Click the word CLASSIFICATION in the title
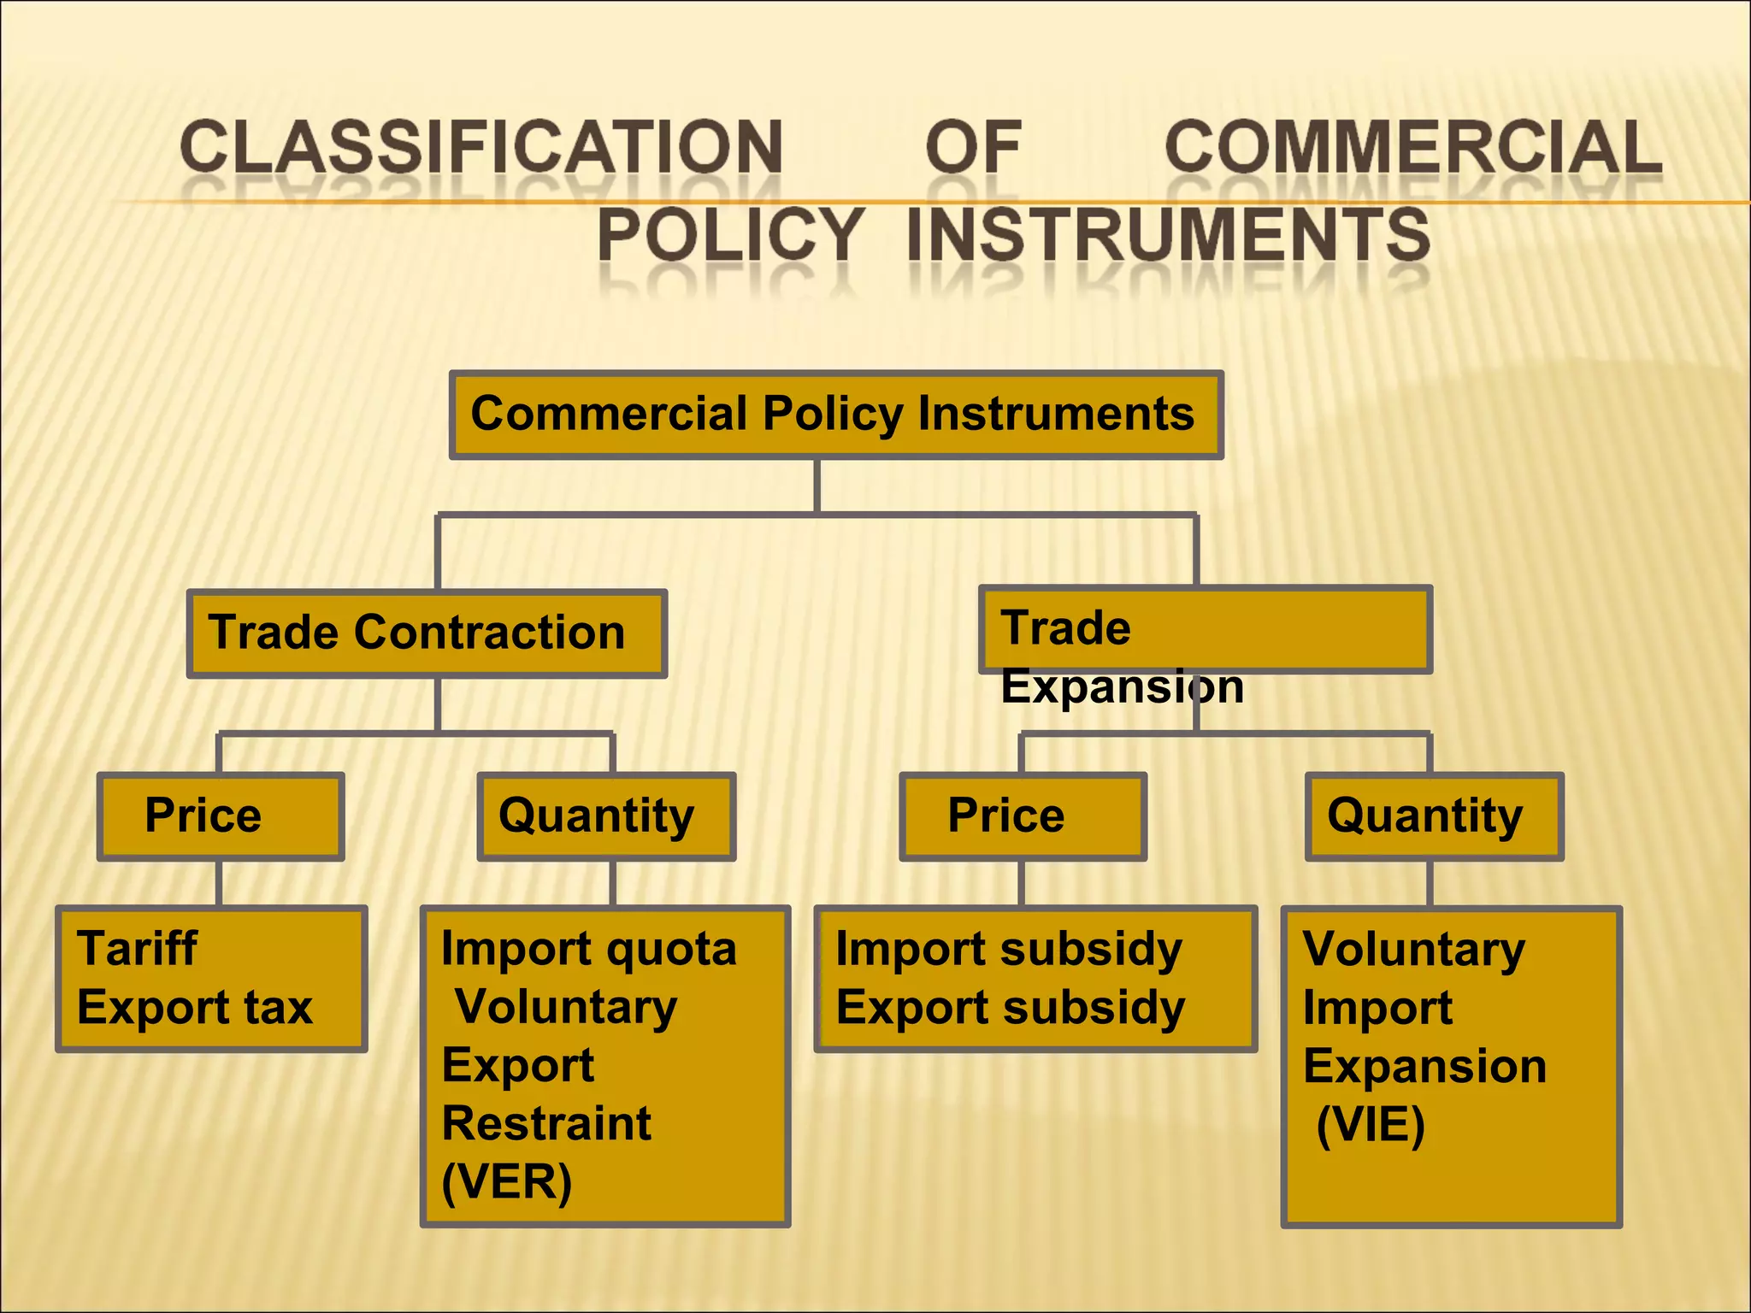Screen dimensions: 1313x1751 coord(481,147)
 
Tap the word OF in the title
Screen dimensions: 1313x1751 coord(974,147)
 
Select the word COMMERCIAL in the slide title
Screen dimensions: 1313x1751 coord(1413,147)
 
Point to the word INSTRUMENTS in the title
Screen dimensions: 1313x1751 coord(1168,234)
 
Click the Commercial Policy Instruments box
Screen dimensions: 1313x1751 coord(836,415)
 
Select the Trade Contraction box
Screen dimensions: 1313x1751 coord(427,633)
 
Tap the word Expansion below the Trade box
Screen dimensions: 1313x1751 coord(1122,686)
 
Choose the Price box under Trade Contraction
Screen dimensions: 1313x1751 coord(221,815)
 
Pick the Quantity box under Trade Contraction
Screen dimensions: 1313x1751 coord(606,815)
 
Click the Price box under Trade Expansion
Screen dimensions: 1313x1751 coord(1023,815)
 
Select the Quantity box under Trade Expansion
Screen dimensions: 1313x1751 coord(1434,815)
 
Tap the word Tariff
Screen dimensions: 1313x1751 coord(137,948)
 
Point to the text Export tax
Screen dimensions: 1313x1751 coord(195,1007)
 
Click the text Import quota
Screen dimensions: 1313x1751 coord(588,949)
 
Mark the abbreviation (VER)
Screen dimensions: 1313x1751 coord(506,1182)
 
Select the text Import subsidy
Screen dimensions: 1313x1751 coord(1009,949)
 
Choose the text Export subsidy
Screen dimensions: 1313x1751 coord(1011,1007)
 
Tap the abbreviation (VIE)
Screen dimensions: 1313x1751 coord(1371,1124)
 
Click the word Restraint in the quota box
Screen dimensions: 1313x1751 coord(546,1123)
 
